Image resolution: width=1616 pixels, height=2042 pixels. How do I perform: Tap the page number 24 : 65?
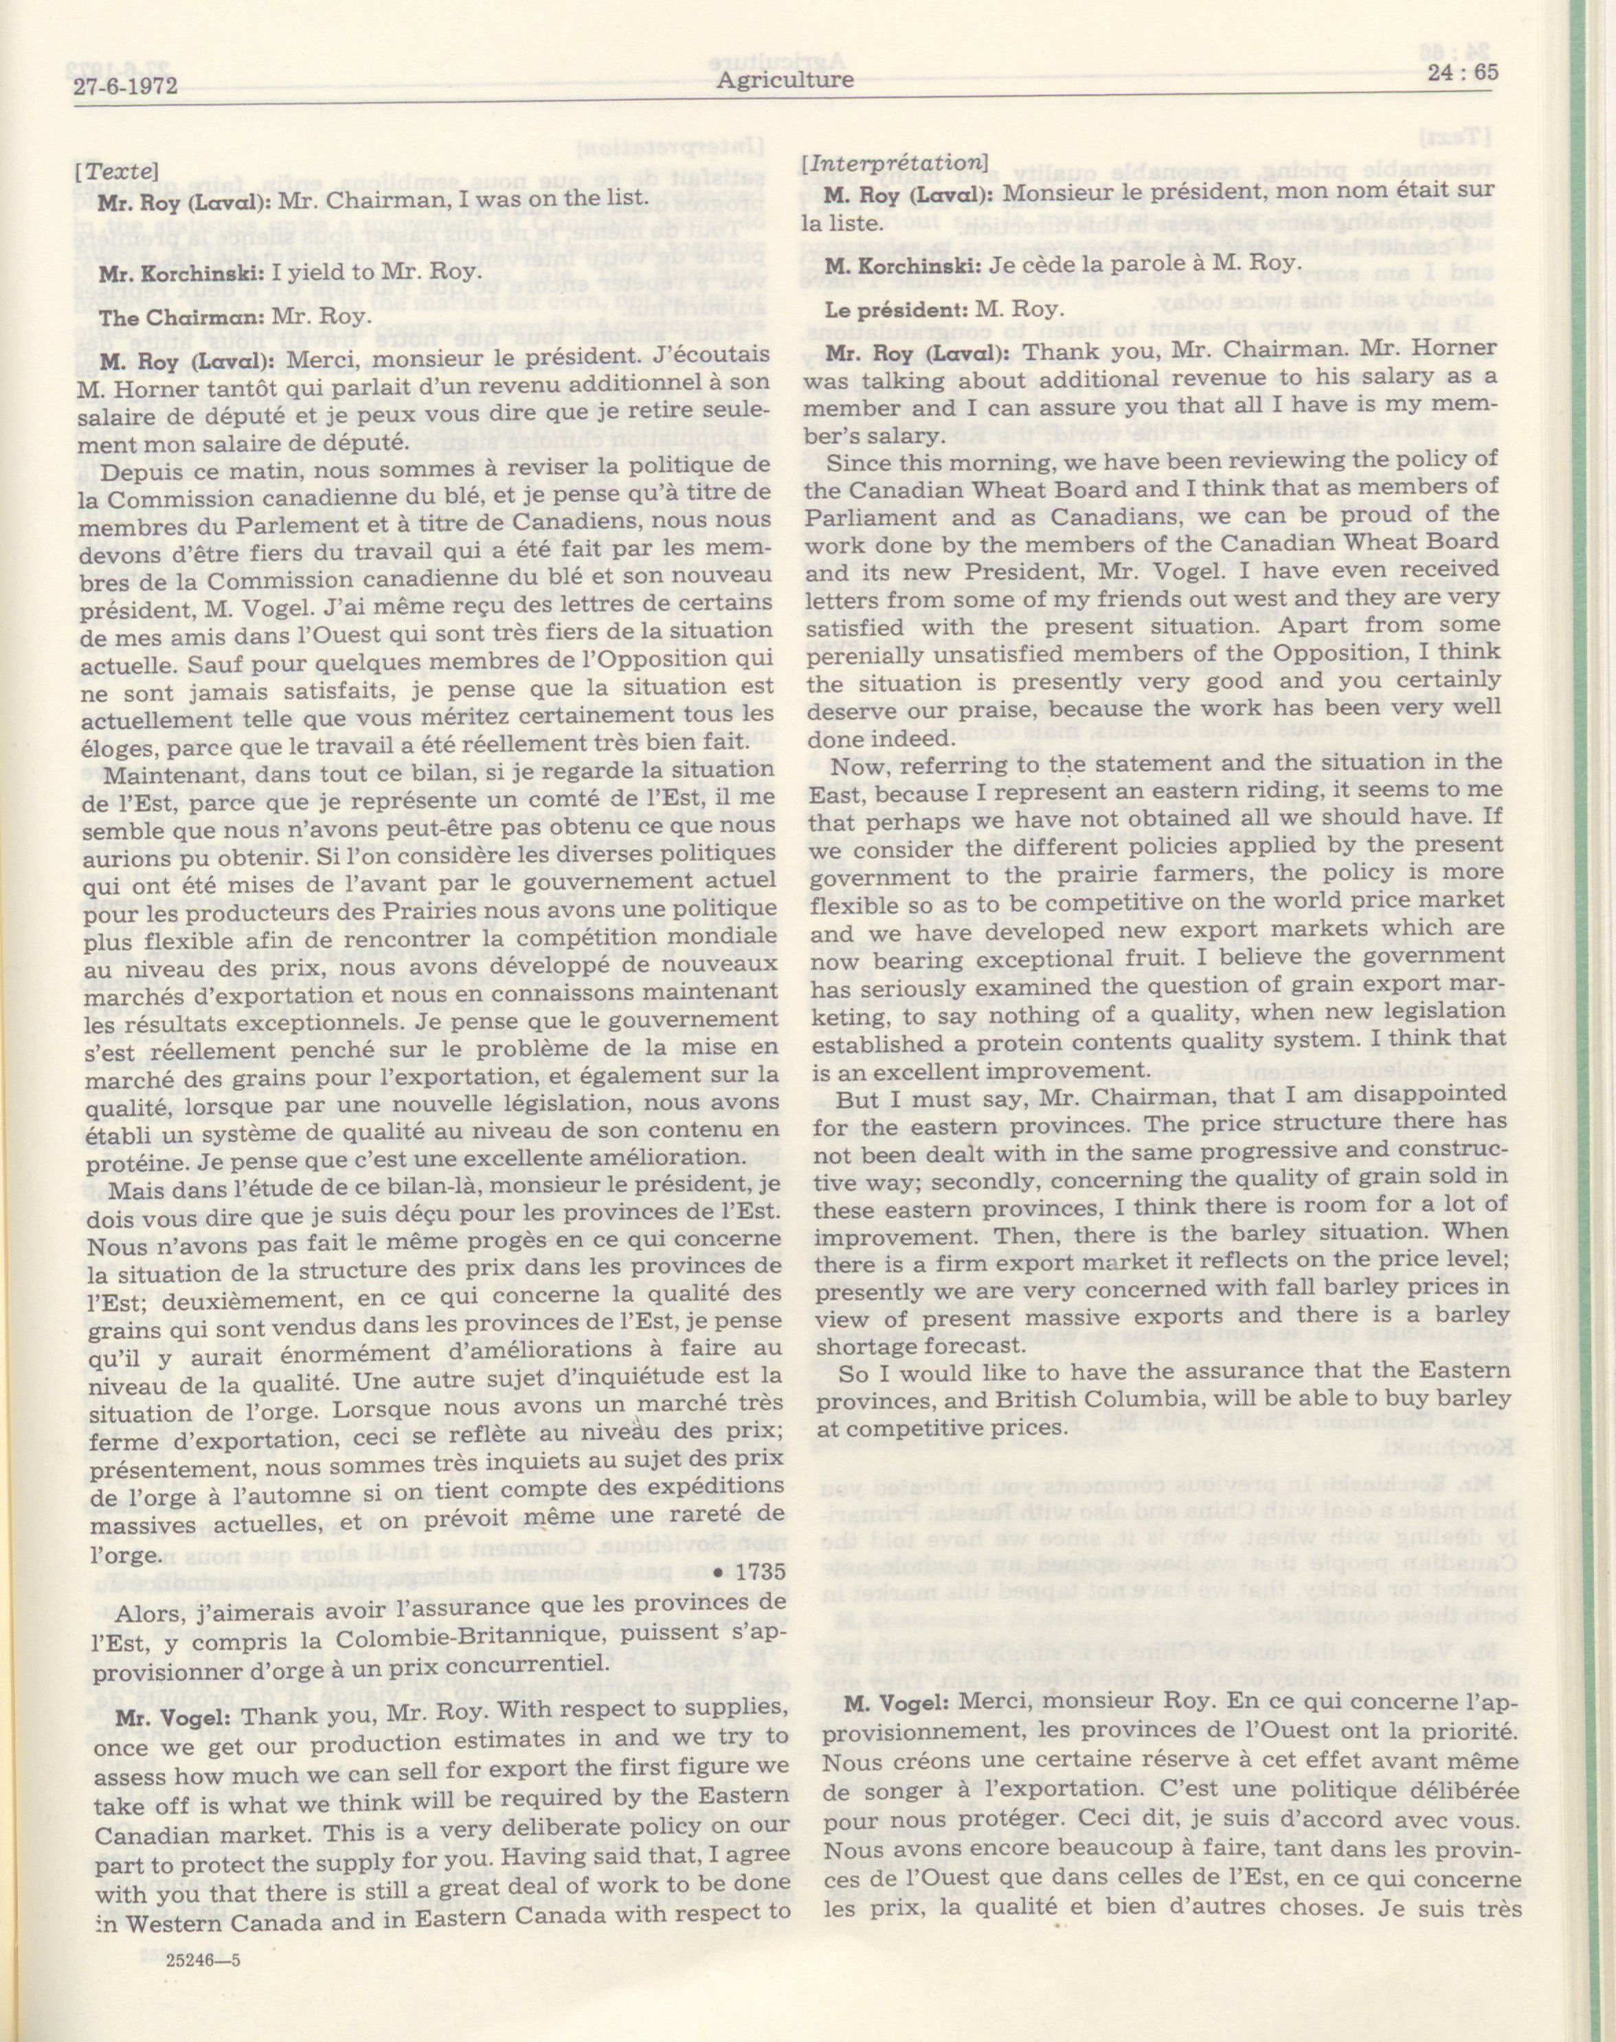(1455, 73)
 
